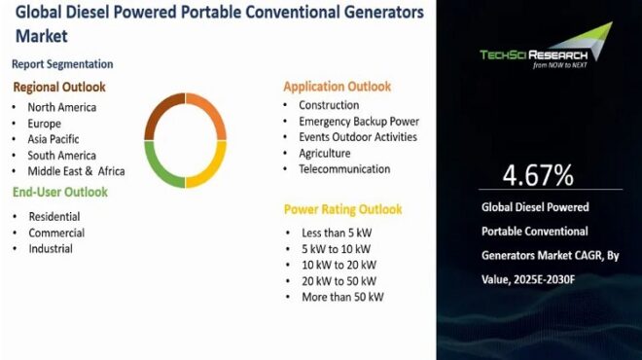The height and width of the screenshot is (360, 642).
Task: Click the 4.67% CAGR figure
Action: (538, 176)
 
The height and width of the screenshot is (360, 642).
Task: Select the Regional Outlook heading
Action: (59, 87)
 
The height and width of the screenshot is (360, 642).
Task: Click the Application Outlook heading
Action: (338, 87)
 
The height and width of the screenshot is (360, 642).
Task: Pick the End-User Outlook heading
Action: (59, 192)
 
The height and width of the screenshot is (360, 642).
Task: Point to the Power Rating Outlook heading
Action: (342, 209)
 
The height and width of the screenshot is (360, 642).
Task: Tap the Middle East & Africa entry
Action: (76, 171)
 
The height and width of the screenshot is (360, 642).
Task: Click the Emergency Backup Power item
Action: (358, 122)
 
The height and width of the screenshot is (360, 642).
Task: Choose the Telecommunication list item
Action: (344, 169)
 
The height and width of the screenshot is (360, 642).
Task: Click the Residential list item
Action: (54, 216)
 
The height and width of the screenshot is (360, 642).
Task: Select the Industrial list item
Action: (51, 248)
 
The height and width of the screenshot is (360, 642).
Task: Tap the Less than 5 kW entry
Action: (337, 233)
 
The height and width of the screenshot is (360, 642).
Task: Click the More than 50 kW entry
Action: (341, 297)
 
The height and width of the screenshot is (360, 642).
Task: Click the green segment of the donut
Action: (162, 166)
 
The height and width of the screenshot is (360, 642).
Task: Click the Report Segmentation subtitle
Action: (62, 64)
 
